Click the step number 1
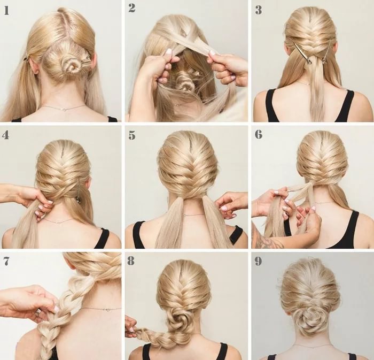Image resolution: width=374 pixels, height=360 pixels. coord(6,11)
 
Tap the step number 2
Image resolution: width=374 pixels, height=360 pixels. coord(131,8)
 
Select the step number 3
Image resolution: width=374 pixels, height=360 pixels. coord(259,10)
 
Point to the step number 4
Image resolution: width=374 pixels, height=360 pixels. coord(5,135)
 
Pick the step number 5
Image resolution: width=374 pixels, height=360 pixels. coord(131,135)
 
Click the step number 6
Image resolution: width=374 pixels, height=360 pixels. coord(258,134)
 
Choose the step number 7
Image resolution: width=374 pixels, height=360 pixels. coord(6,261)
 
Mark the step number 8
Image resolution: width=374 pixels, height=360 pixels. coord(131,261)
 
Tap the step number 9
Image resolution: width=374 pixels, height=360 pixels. coord(258,261)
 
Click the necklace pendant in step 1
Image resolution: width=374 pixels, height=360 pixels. coord(64,109)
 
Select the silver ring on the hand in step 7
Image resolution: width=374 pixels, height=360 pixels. coord(38,312)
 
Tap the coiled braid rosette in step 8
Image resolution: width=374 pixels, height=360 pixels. coord(175,318)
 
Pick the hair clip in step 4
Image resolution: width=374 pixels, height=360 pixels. coord(78,191)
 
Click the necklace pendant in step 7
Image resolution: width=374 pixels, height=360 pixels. coord(107,310)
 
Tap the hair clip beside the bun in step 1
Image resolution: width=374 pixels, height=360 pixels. coord(85,60)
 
